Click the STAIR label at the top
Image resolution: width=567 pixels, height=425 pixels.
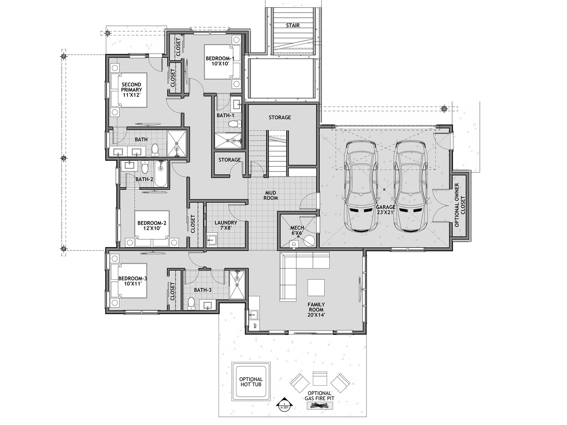point(293,25)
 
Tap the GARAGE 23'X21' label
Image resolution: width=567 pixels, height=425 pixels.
point(386,209)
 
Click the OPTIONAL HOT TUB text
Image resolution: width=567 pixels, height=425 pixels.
point(251,382)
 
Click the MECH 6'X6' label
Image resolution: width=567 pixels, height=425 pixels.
point(297,230)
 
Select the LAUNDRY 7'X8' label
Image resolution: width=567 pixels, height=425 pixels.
point(226,225)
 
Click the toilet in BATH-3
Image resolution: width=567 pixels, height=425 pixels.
point(191,303)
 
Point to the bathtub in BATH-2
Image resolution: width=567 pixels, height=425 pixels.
point(161,173)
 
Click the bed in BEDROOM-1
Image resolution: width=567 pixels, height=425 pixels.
point(223,62)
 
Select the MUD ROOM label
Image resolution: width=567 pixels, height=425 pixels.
point(270,195)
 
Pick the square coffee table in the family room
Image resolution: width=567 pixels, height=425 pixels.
point(316,287)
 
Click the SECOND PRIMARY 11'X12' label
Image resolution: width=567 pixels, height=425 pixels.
point(131,90)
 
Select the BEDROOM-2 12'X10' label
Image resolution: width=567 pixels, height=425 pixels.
point(152,225)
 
